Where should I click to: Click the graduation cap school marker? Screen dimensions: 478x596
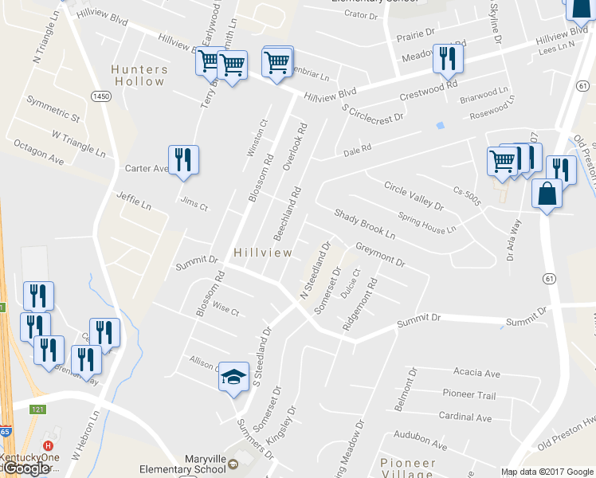[x=233, y=377]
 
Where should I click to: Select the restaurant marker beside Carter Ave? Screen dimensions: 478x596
[x=184, y=160]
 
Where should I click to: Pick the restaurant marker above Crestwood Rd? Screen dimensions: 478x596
[x=447, y=58]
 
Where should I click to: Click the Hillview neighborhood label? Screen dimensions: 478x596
[x=263, y=253]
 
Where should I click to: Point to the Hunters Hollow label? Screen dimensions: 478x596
[x=139, y=75]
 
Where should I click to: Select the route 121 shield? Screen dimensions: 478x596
[x=38, y=409]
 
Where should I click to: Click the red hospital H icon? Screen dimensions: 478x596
[x=49, y=445]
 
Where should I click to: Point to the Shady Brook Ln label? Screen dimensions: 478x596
[x=364, y=225]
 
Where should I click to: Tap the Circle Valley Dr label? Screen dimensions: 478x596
[x=413, y=196]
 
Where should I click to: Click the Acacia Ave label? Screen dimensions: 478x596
[x=476, y=373]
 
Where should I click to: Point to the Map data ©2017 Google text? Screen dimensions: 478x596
[x=547, y=472]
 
